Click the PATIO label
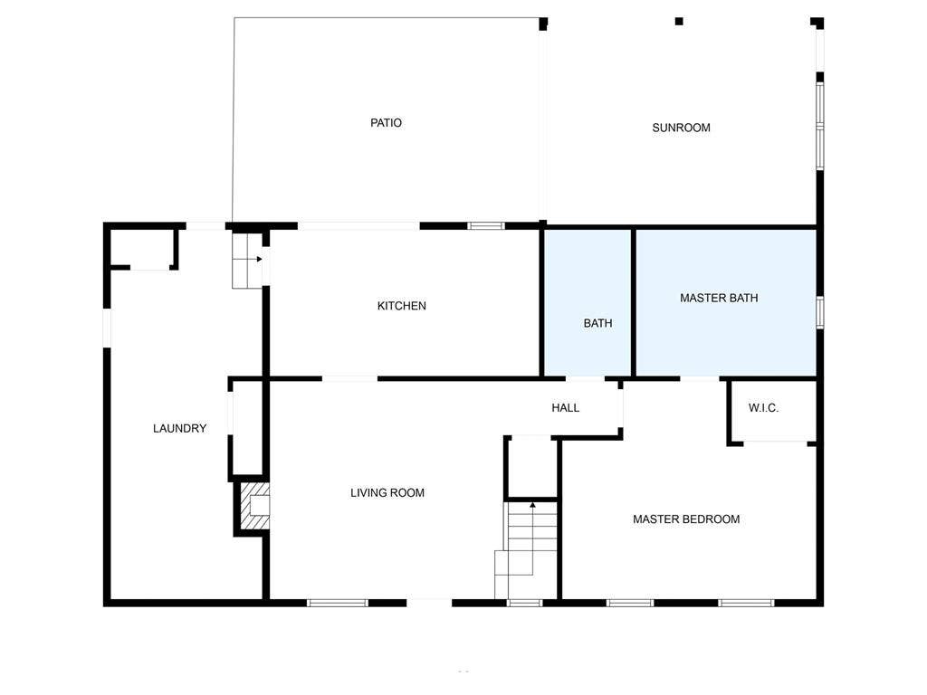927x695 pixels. (386, 123)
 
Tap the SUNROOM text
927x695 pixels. (681, 128)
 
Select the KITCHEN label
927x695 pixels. (401, 306)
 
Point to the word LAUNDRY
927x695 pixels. (179, 429)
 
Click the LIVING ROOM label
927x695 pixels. (387, 493)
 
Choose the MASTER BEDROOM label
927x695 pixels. (686, 519)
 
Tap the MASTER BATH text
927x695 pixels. (719, 298)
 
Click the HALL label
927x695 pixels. (565, 408)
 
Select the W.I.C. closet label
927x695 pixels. (763, 408)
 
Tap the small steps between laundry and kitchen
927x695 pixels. (245, 261)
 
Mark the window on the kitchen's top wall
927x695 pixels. (486, 225)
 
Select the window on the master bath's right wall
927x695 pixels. (819, 310)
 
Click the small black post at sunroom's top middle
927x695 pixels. (679, 21)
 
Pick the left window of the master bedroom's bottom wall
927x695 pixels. (629, 602)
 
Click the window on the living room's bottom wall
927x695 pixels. (338, 602)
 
